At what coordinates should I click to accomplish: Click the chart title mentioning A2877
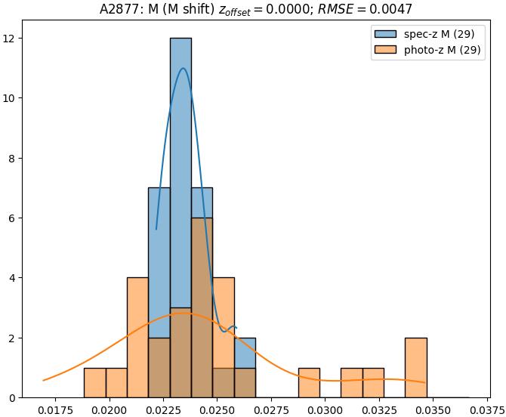pyautogui.click(x=256, y=9)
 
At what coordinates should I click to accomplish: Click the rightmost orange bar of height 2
pyautogui.click(x=416, y=368)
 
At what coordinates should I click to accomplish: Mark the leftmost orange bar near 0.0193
pyautogui.click(x=94, y=383)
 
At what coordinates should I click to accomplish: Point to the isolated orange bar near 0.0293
pyautogui.click(x=309, y=383)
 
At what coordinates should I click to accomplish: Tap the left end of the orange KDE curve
pyautogui.click(x=44, y=380)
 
